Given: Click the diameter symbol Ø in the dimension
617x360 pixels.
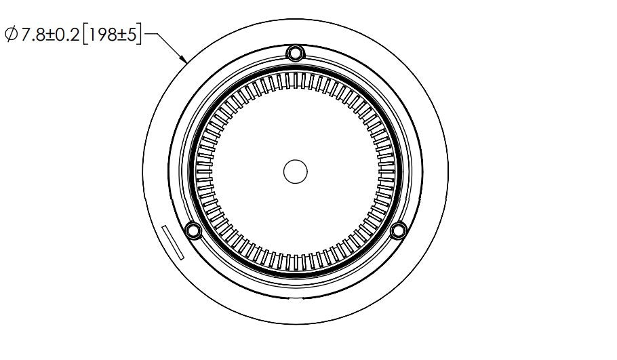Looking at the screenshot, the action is [x=12, y=34].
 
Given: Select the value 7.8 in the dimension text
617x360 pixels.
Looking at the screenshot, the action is [x=33, y=35].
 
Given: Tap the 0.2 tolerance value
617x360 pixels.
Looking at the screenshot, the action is [x=68, y=35].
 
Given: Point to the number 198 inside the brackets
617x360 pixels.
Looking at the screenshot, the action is [x=102, y=35].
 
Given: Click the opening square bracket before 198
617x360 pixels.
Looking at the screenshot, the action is [x=84, y=35].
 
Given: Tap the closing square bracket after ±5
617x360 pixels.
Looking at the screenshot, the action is [x=139, y=35].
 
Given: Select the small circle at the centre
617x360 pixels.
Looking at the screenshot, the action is [x=295, y=172].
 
